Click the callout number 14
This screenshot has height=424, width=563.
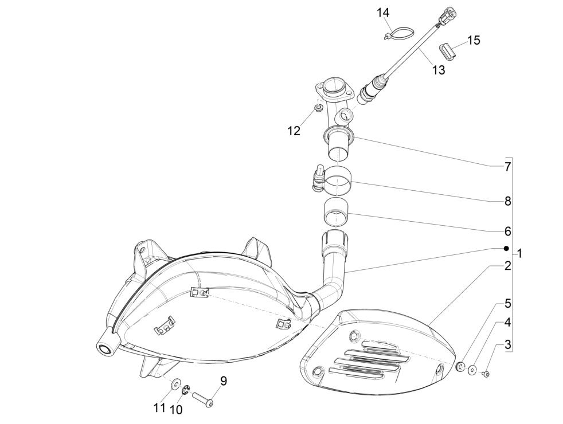[382, 13]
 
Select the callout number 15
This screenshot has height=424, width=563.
[474, 41]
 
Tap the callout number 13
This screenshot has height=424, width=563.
[437, 70]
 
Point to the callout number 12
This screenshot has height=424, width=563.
[294, 131]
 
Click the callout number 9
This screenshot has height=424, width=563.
[223, 380]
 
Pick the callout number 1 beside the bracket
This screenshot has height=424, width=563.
[519, 253]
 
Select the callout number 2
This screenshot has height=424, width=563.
[508, 266]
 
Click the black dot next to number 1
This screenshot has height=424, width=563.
[506, 248]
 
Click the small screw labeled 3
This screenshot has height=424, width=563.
[486, 374]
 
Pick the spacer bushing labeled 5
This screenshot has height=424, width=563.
[460, 366]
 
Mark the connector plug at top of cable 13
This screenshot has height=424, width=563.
[446, 14]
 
